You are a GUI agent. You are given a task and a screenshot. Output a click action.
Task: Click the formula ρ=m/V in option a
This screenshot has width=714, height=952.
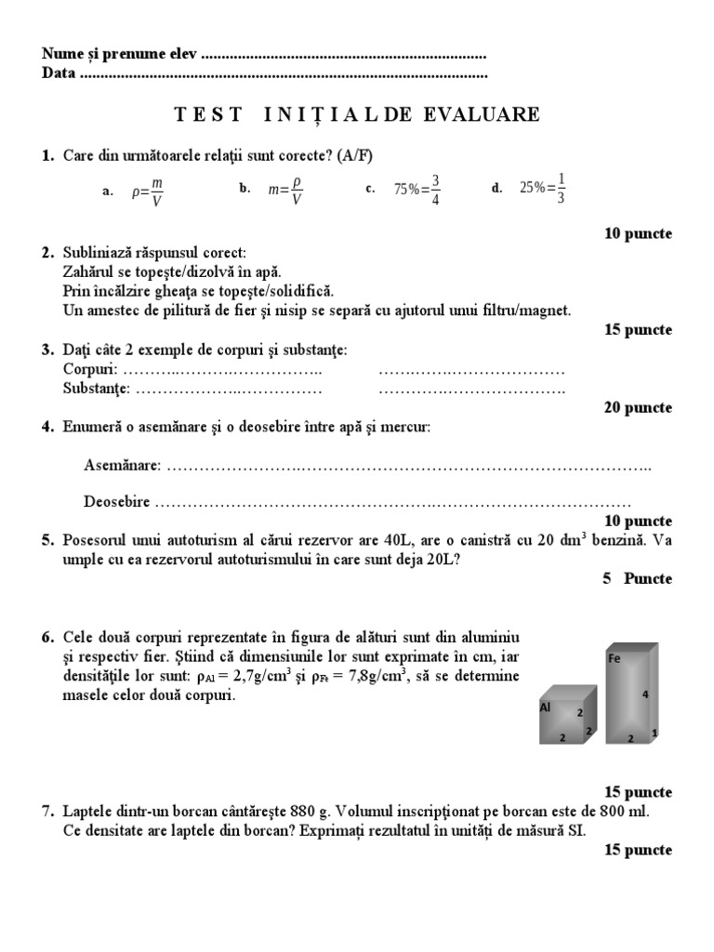click(x=148, y=190)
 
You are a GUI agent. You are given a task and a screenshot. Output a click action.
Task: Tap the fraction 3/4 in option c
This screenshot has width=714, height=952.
click(x=435, y=189)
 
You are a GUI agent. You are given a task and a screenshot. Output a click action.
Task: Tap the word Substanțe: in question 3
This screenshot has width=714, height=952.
click(x=97, y=389)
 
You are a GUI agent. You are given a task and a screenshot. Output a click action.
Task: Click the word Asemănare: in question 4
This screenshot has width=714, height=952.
click(x=122, y=464)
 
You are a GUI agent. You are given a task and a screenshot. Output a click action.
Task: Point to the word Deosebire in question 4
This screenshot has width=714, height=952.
click(x=116, y=501)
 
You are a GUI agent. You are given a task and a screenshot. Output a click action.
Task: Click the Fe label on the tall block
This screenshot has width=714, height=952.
click(x=614, y=658)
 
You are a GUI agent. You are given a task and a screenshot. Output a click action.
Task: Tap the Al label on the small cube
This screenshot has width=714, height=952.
click(x=546, y=707)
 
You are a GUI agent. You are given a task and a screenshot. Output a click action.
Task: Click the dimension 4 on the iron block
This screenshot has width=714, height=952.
click(x=643, y=694)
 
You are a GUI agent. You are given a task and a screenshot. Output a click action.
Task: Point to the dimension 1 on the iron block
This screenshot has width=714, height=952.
click(x=655, y=733)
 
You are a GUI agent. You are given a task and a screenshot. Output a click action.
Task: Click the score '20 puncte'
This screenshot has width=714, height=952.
click(x=637, y=407)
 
